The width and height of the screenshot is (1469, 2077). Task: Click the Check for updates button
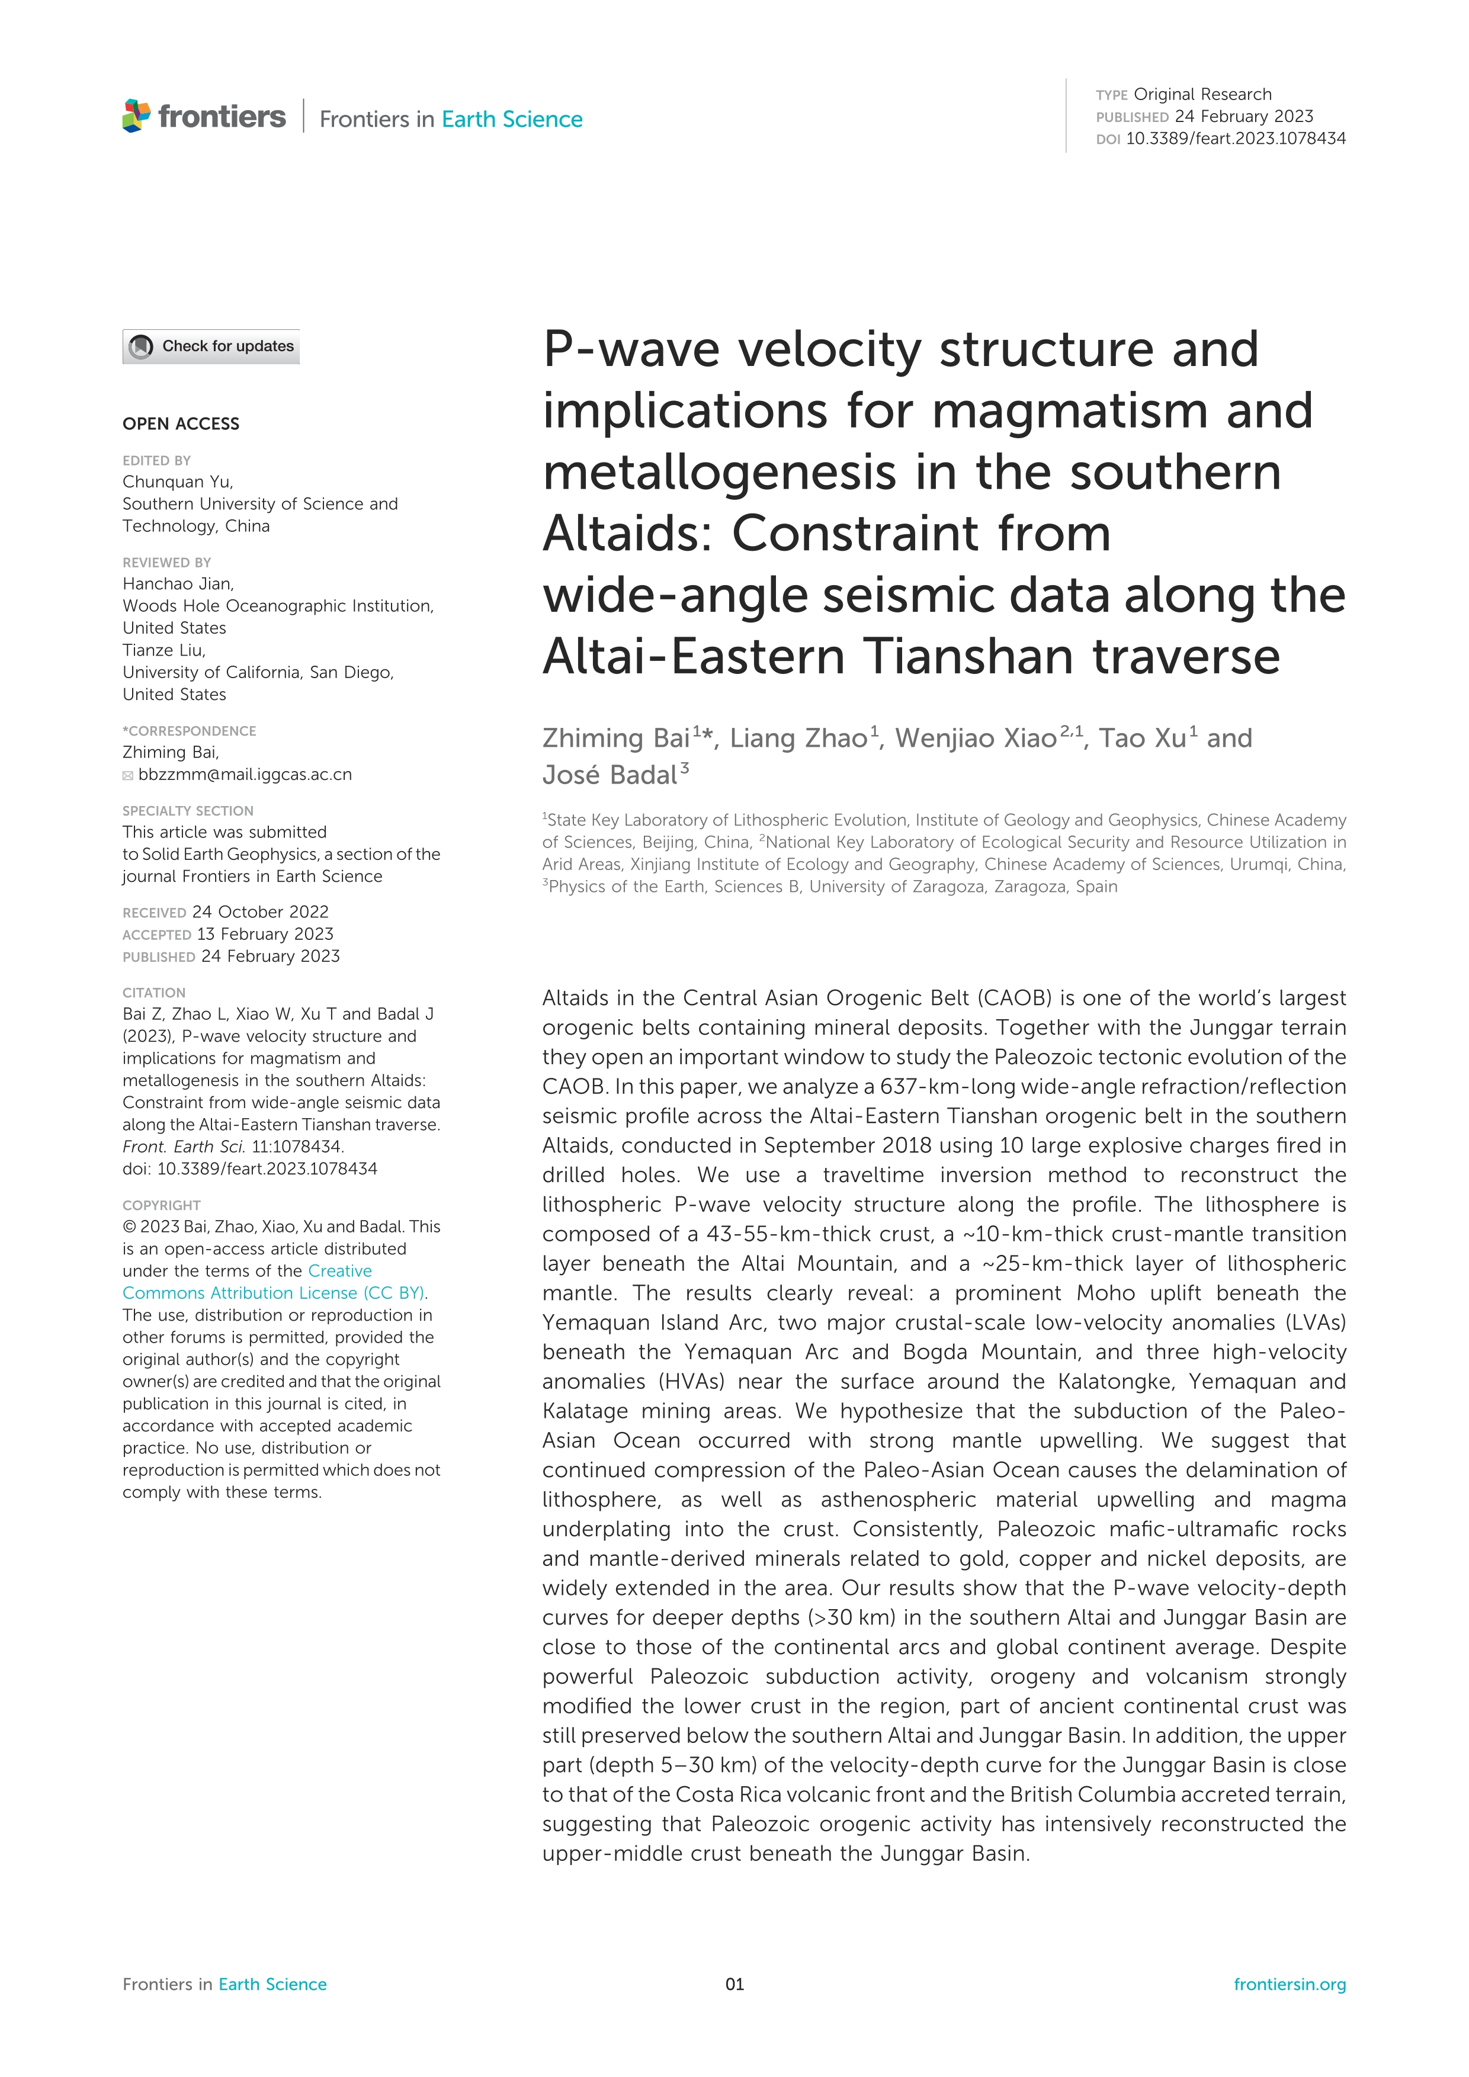[211, 346]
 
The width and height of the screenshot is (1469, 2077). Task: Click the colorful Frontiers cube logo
[137, 117]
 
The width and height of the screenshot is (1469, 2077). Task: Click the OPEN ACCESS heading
[181, 423]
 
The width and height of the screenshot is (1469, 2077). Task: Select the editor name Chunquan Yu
[177, 481]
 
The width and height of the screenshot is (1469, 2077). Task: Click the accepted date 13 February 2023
[264, 933]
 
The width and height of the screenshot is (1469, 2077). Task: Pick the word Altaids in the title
[630, 534]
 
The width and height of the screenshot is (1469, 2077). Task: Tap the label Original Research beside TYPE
[1202, 94]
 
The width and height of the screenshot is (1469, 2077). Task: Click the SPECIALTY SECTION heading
[188, 811]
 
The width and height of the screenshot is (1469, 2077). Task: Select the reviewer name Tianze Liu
[163, 650]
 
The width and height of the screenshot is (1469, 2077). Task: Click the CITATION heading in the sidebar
[154, 993]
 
